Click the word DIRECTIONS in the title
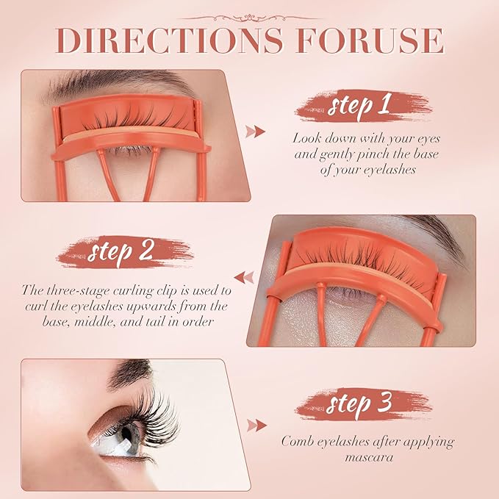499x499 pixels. [x=170, y=40]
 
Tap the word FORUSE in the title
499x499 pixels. [x=370, y=40]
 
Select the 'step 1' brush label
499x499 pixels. [x=364, y=106]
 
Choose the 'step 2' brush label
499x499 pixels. [x=125, y=252]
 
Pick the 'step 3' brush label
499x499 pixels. [x=364, y=404]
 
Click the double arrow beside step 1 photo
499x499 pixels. [x=255, y=132]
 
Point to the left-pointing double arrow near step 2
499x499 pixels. [x=244, y=277]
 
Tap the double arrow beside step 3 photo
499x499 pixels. [x=256, y=426]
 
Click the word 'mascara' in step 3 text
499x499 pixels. [x=369, y=458]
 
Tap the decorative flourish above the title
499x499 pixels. [x=250, y=18]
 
